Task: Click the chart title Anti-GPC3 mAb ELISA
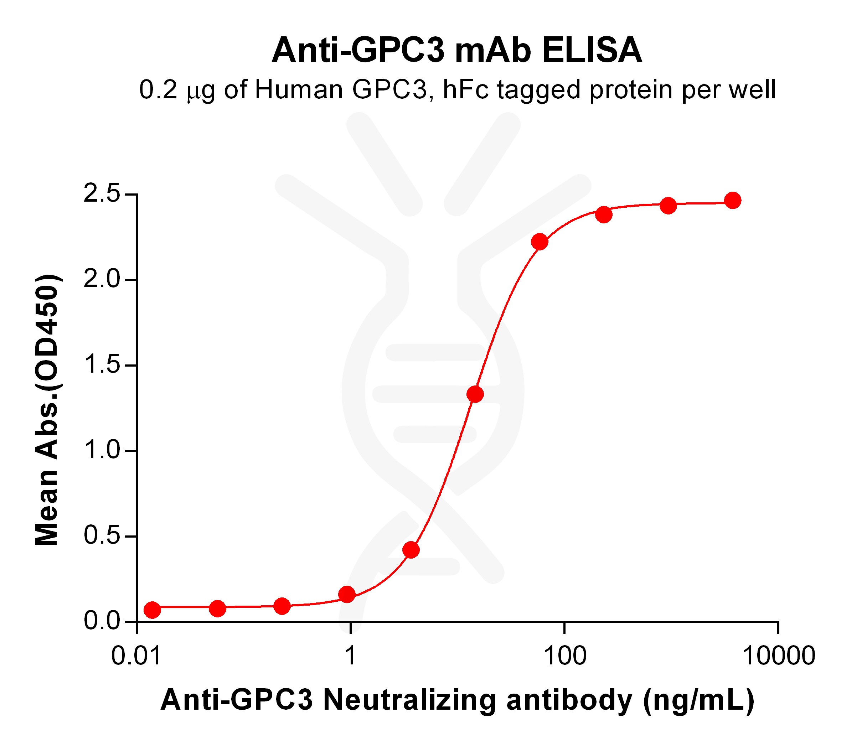(456, 51)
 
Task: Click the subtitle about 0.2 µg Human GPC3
(457, 90)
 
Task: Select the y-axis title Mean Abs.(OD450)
(47, 410)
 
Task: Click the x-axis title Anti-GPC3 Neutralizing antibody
(457, 700)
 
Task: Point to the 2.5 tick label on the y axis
(102, 195)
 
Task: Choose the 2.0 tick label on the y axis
(102, 280)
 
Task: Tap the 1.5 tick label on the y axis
(102, 365)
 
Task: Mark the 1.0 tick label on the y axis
(102, 451)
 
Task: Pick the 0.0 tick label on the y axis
(102, 621)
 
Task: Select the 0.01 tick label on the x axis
(136, 655)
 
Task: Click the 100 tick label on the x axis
(564, 655)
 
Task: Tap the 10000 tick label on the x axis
(778, 655)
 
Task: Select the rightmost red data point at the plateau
(733, 201)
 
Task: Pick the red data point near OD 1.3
(475, 394)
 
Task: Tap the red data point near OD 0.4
(411, 550)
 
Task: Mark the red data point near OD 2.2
(540, 242)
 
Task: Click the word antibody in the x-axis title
(569, 700)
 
